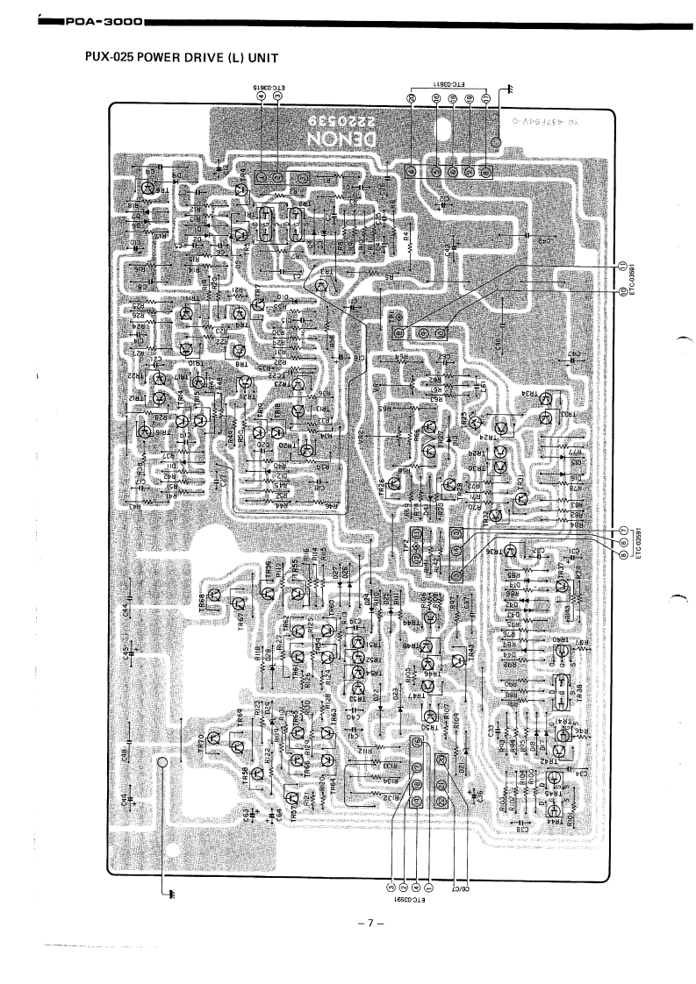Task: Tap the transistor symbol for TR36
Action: [x=514, y=551]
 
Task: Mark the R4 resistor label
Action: [x=406, y=235]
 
